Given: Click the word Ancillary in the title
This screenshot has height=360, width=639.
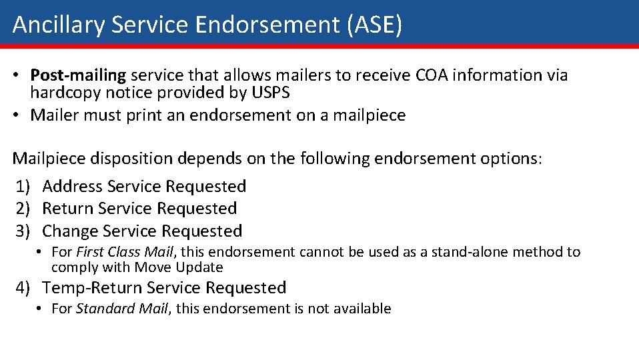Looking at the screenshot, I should (59, 25).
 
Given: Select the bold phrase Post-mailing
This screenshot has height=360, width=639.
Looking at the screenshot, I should (78, 75).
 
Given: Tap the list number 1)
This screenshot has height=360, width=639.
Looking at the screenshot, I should (24, 187).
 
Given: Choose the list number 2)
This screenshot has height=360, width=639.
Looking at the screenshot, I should (24, 209).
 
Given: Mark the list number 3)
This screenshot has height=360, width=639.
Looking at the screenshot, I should (24, 231).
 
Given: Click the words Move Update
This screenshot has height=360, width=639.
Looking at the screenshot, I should (179, 267).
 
